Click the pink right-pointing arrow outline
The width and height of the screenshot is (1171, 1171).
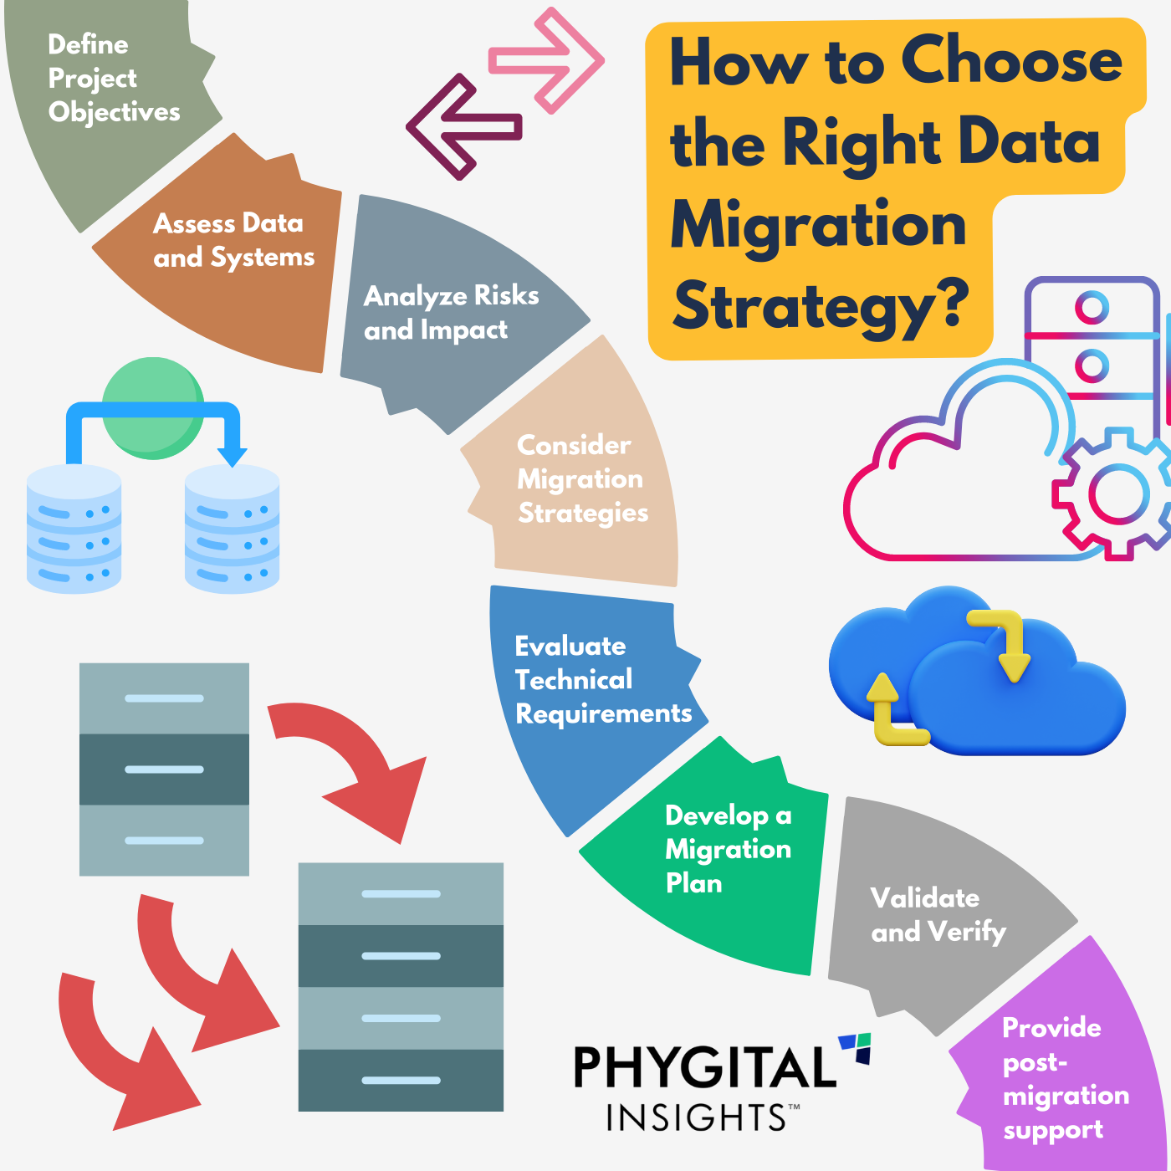pyautogui.click(x=548, y=60)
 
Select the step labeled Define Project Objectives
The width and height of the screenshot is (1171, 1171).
pyautogui.click(x=113, y=79)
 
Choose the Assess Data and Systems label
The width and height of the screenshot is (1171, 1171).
pyautogui.click(x=233, y=241)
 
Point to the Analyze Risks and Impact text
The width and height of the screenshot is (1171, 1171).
pyautogui.click(x=451, y=313)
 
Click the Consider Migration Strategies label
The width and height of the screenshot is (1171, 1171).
pyautogui.click(x=582, y=478)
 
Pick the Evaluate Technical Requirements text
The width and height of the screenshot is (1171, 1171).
pyautogui.click(x=602, y=680)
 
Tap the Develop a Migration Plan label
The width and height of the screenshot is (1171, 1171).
pyautogui.click(x=727, y=849)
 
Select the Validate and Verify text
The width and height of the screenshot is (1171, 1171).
pyautogui.click(x=938, y=915)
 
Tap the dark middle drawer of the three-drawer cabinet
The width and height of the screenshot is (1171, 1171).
pyautogui.click(x=164, y=770)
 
